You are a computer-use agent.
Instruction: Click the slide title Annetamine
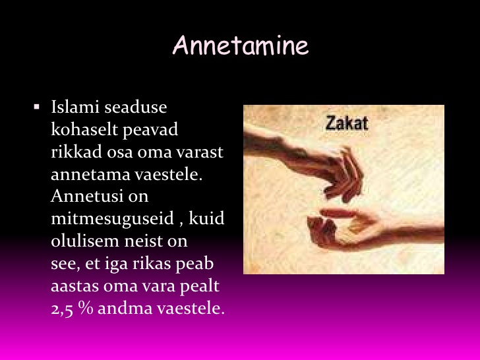[241, 45]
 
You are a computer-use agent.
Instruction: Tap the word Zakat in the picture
[347, 123]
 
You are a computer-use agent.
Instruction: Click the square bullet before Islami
[37, 107]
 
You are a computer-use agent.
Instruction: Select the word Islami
[76, 107]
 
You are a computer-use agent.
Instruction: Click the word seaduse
[136, 107]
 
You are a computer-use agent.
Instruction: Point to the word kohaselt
[84, 129]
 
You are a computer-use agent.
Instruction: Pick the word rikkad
[76, 152]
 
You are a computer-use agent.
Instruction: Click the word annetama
[90, 175]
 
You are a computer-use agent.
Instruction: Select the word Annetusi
[86, 196]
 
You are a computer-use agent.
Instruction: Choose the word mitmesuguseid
[112, 219]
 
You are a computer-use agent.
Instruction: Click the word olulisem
[86, 241]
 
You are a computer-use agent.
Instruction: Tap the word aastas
[75, 286]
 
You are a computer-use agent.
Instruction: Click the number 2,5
[62, 309]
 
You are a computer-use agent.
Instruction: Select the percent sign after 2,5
[86, 308]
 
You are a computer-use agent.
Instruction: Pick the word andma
[125, 309]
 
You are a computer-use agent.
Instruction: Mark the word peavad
[150, 130]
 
